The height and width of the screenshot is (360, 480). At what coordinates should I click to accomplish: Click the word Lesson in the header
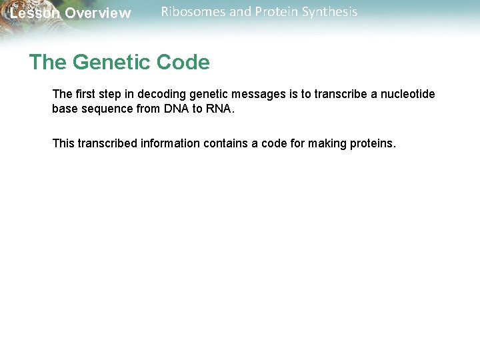coord(34,13)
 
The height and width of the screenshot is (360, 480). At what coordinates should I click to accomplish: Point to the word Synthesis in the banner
coord(330,12)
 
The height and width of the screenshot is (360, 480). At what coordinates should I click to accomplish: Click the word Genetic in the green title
coord(111,63)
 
